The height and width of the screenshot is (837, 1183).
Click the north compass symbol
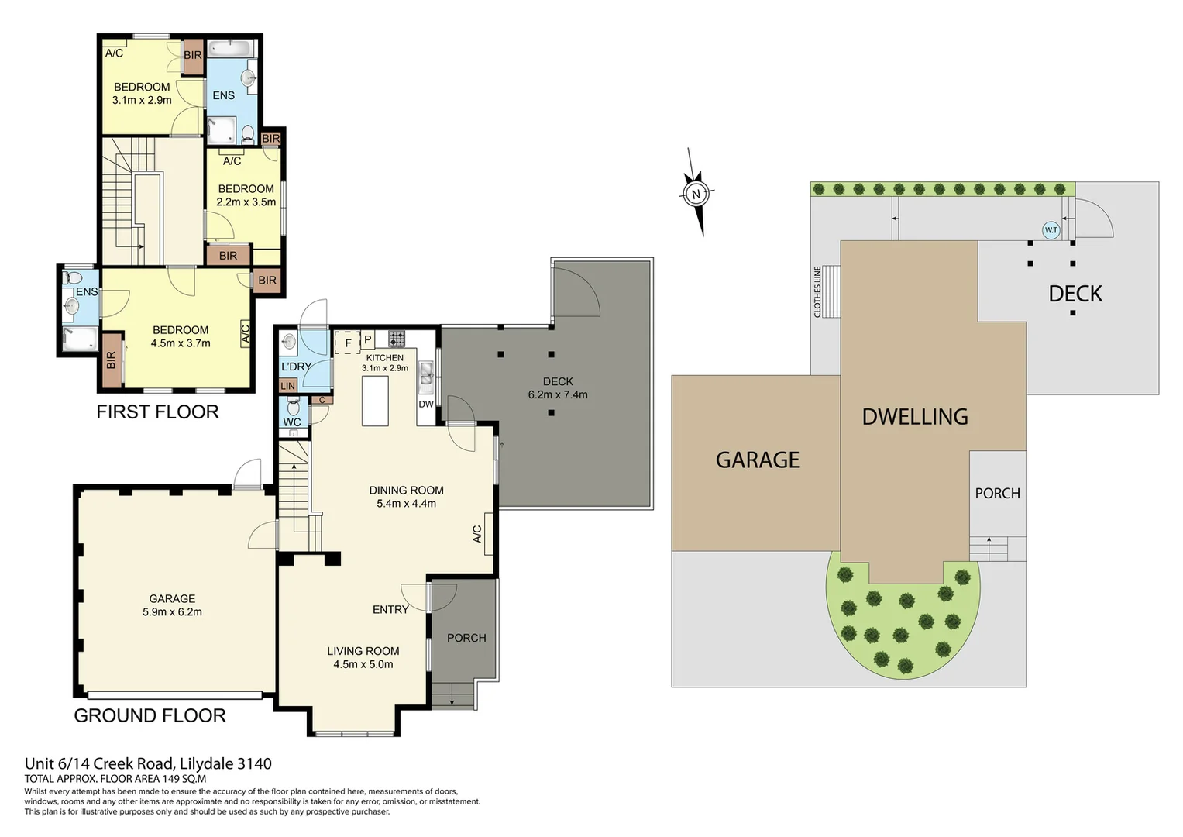(696, 194)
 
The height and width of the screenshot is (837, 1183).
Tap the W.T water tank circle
(1051, 230)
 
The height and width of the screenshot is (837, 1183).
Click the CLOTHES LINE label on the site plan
(817, 291)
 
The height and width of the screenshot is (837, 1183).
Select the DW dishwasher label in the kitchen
(426, 404)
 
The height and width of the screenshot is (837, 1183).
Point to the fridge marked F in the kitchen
(348, 342)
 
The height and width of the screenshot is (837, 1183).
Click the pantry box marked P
(368, 340)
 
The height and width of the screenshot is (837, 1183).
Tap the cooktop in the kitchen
(397, 338)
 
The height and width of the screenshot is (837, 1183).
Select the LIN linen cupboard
(287, 385)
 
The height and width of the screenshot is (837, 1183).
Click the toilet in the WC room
(293, 406)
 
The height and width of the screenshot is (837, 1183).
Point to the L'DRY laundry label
(296, 367)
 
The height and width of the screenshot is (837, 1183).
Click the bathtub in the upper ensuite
(232, 50)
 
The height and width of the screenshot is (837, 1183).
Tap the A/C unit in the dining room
(487, 534)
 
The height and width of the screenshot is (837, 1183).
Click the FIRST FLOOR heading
(157, 412)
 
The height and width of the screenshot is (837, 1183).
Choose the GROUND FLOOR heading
(150, 715)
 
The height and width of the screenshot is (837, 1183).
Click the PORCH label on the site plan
(997, 493)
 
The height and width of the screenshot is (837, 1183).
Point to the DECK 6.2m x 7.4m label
(558, 388)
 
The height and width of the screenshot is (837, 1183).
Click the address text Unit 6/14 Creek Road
(148, 763)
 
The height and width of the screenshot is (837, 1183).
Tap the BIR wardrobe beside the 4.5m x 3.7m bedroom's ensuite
(112, 360)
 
